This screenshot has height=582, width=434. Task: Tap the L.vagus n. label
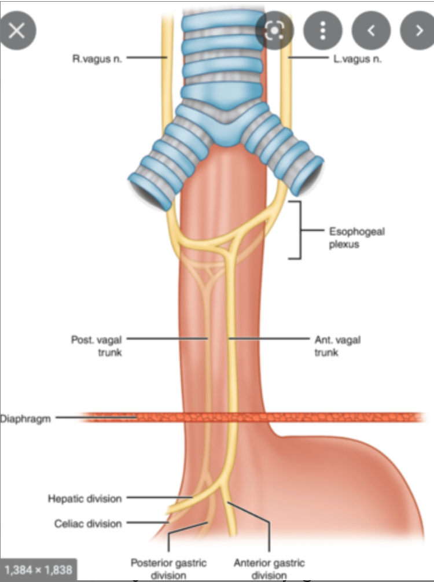(357, 58)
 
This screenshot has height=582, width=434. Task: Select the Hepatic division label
(84, 498)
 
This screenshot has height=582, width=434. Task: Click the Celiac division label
(88, 524)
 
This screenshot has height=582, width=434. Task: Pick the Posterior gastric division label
(168, 568)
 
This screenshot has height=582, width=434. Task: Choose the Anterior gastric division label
(269, 568)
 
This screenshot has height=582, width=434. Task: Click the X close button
(17, 30)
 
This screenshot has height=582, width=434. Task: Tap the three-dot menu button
(322, 30)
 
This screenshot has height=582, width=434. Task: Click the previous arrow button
(371, 30)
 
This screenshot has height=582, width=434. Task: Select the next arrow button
(418, 30)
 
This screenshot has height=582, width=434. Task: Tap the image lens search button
(275, 30)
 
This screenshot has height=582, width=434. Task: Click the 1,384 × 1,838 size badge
(38, 570)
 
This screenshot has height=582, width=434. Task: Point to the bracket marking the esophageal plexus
(299, 230)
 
